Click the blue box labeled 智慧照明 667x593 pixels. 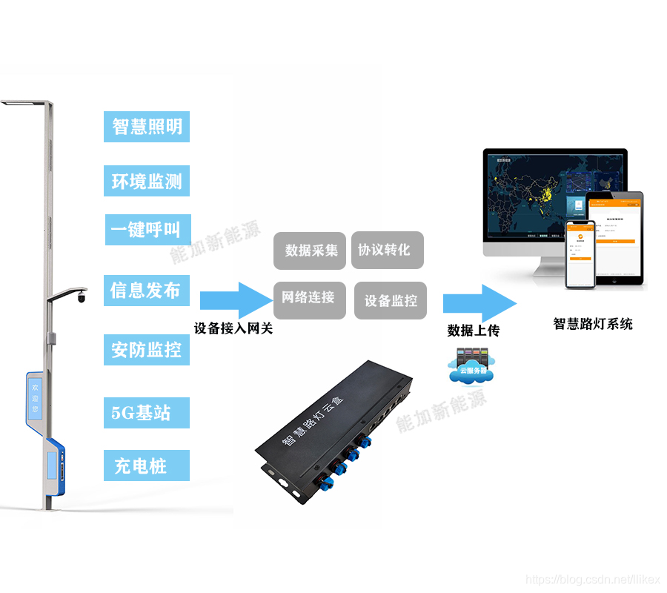pos(147,127)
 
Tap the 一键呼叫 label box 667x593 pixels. pos(147,230)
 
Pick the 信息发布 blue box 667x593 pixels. pos(147,291)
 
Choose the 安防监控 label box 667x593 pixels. pos(147,350)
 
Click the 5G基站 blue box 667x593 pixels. pos(147,413)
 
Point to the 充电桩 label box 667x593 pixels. pos(147,466)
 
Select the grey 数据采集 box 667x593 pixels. pos(311,251)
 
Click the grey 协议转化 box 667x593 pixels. pos(386,250)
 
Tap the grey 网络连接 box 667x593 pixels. pos(309,299)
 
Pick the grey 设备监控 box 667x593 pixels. pos(391,301)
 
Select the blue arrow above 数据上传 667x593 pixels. pos(479,302)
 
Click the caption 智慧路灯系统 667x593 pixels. pos(593,324)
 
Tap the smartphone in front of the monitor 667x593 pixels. pos(581,254)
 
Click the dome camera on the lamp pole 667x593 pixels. pos(80,297)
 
